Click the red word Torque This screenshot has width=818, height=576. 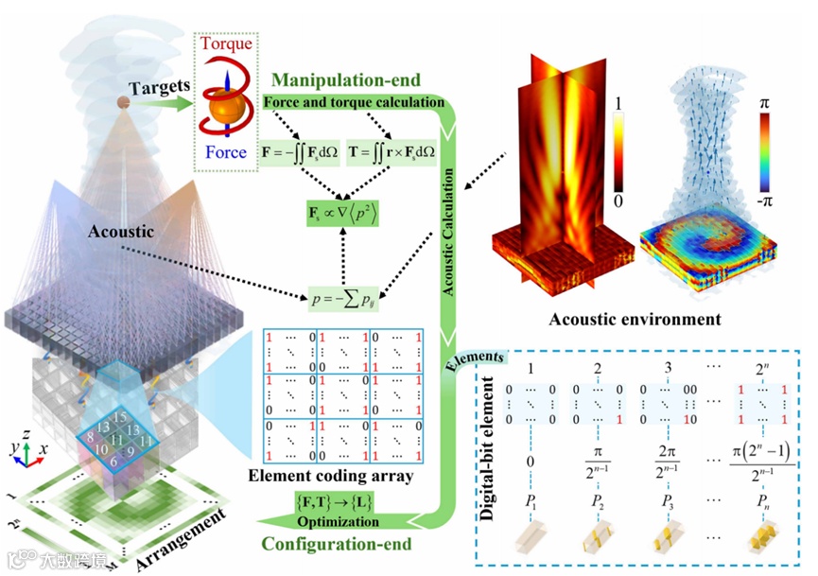tap(226, 44)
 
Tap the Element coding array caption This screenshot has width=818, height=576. tap(341, 476)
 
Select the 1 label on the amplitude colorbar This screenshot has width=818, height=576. tap(616, 100)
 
